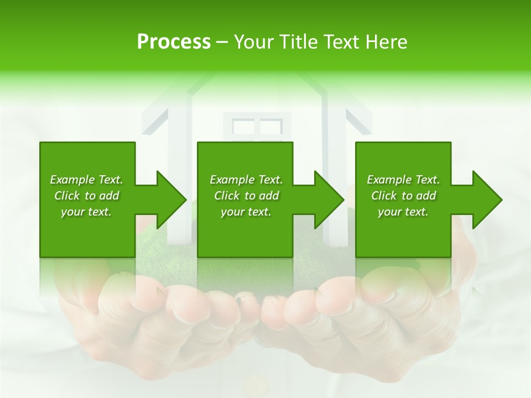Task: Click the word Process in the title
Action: [174, 42]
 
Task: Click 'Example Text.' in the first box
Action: [86, 180]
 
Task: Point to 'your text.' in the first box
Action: [86, 212]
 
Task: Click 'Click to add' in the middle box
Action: [246, 196]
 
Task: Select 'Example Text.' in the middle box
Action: [246, 180]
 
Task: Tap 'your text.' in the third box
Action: [403, 212]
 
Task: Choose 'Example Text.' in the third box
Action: [403, 180]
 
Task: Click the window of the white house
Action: [257, 127]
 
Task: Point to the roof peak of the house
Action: [257, 75]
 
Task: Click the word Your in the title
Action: [254, 42]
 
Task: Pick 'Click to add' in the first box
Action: [86, 196]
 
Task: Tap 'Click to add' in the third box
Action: [403, 196]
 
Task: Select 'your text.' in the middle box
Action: [246, 212]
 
